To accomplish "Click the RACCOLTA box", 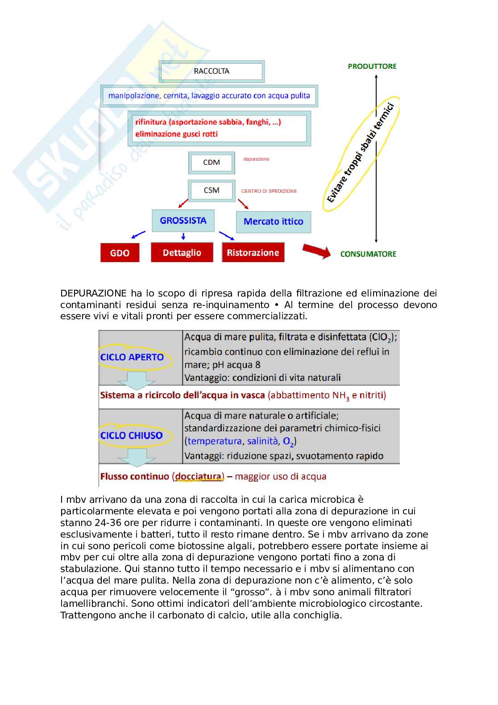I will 212,71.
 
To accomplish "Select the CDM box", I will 212,163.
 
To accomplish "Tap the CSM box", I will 212,191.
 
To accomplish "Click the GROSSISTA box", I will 183,221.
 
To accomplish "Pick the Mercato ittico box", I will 273,221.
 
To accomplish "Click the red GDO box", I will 120,253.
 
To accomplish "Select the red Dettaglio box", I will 182,253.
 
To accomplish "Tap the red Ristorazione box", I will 253,253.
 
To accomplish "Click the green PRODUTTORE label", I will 372,66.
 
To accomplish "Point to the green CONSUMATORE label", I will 368,254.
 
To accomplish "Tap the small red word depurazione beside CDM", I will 256,159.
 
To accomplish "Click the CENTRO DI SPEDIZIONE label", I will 269,191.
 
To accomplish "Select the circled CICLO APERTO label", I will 132,357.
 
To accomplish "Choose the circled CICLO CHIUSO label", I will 132,435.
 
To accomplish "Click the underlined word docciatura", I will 199,476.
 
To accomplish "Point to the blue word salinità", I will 262,441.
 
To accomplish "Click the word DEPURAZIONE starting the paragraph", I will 94,293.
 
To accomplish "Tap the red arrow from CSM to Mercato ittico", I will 243,204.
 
